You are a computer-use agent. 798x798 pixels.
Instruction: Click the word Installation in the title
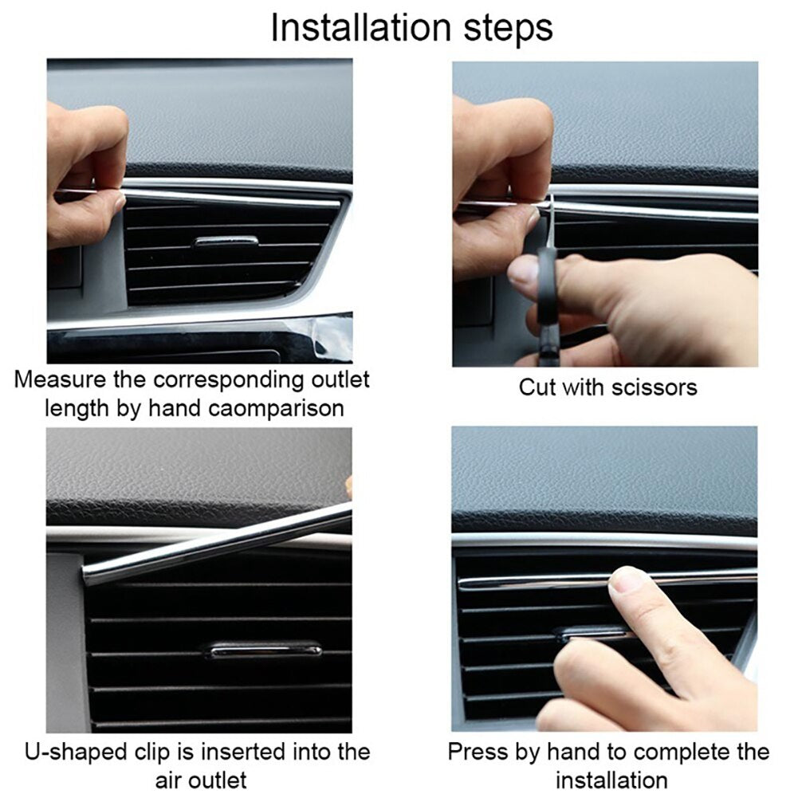coord(363,27)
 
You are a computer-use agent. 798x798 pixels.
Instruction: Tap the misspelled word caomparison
coord(277,408)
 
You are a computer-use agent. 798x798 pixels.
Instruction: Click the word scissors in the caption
coord(654,387)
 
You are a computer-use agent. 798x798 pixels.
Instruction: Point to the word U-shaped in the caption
coord(75,751)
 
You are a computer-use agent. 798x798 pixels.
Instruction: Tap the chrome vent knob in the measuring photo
coord(226,241)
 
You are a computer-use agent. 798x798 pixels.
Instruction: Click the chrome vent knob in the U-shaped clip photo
coord(263,650)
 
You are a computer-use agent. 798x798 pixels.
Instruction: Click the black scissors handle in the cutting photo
coord(546,287)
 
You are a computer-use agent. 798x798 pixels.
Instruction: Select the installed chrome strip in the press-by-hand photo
coord(542,581)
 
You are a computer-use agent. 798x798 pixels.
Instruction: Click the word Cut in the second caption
coord(537,387)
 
